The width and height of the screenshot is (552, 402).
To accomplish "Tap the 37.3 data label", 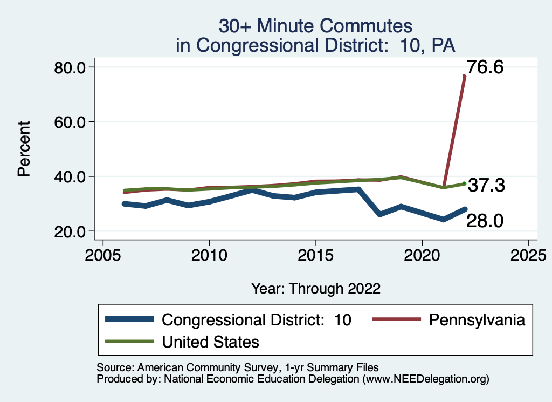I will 486,186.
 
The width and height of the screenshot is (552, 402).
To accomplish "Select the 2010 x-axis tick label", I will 209,254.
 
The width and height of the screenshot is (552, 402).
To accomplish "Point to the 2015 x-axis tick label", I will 315,254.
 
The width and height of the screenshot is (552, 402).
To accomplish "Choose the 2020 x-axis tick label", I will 422,254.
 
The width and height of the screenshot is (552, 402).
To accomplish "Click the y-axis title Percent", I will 24,149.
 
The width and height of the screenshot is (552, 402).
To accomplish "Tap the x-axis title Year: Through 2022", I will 316,288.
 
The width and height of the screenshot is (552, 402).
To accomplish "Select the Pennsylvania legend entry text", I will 477,319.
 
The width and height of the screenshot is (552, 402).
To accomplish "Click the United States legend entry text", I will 211,342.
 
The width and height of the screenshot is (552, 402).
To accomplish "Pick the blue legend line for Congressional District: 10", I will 130,319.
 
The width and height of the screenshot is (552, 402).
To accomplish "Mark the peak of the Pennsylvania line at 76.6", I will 464,76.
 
